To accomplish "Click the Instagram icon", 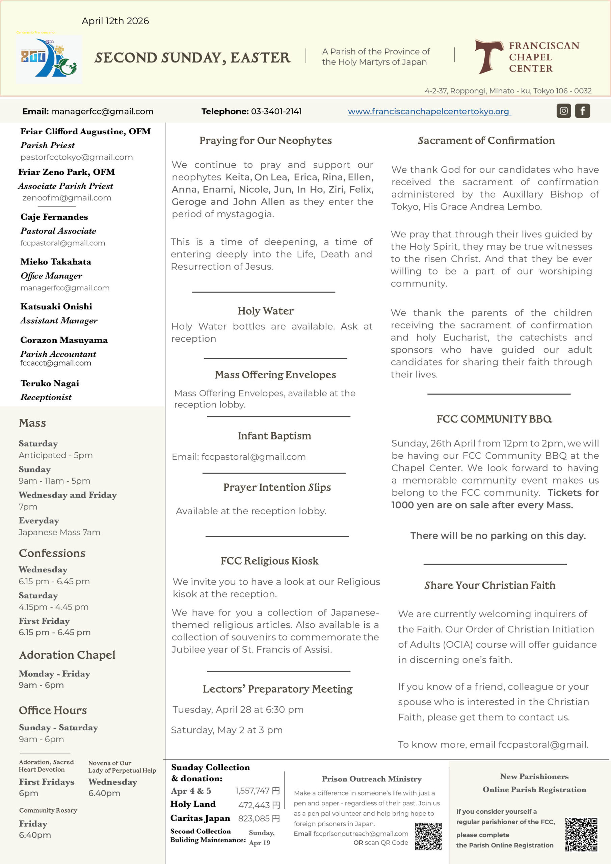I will (563, 111).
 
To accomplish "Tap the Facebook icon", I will (582, 111).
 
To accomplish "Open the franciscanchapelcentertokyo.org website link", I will (429, 111).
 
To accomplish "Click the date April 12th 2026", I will (115, 21).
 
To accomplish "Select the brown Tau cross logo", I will (488, 56).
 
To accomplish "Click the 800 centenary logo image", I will (49, 59).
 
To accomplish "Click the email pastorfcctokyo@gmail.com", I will (76, 157).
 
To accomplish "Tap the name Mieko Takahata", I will (56, 262).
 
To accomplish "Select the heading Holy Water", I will (265, 311).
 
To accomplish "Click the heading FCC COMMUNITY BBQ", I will (494, 419).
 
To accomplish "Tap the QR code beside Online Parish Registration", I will (581, 834).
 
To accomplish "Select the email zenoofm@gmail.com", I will (67, 197).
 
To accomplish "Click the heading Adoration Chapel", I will (67, 655).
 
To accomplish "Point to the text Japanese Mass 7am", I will (59, 532).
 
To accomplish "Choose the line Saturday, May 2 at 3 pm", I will (227, 730).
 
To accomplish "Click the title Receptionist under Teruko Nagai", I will (46, 397).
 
